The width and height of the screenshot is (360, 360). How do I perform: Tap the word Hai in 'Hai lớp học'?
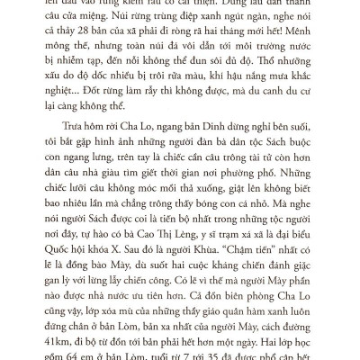coord(273,339)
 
